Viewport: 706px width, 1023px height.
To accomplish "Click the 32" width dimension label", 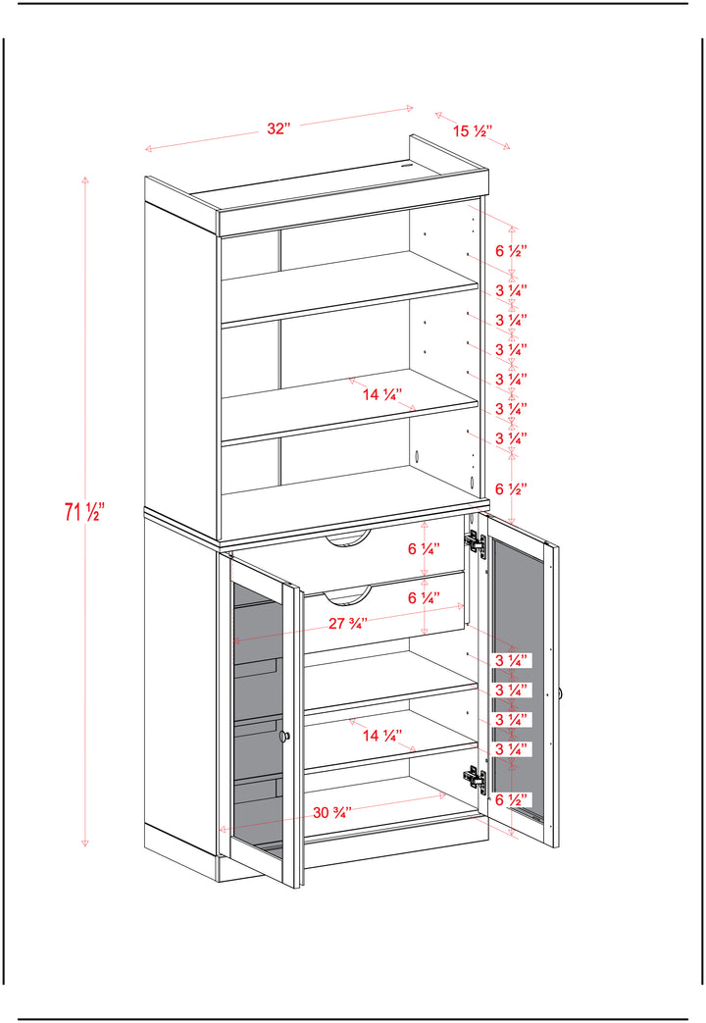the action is point(278,128).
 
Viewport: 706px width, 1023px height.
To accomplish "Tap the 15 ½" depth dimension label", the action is point(472,131).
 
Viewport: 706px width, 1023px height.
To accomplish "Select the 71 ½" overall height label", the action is point(84,512).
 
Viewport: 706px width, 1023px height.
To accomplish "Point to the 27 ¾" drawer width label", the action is point(347,624).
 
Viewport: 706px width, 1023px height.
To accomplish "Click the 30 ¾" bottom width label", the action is point(332,813).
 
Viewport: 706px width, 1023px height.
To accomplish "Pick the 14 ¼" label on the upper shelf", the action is point(381,394).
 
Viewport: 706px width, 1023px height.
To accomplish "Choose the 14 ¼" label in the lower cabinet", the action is point(381,736).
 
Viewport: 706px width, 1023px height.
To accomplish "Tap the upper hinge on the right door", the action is point(476,542).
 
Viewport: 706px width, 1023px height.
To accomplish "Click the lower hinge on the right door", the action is point(475,778).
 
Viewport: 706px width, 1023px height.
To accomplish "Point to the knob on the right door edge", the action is point(560,693).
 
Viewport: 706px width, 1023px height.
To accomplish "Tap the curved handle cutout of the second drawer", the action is point(348,593).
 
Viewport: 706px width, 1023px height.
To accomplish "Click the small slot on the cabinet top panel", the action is point(409,166).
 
